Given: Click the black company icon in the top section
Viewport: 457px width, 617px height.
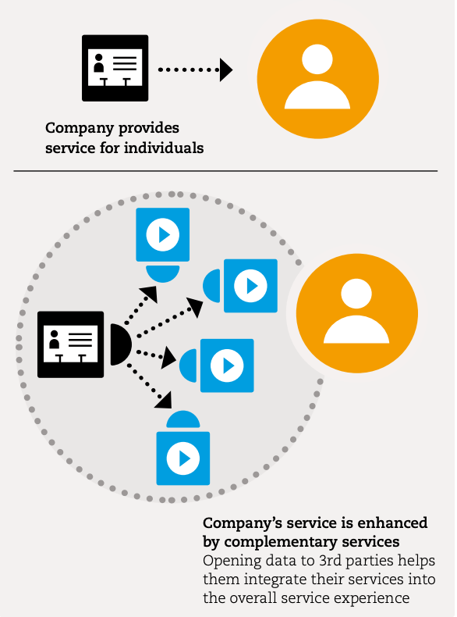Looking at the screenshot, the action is [115, 68].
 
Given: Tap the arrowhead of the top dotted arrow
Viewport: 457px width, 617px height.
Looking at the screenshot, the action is [226, 70].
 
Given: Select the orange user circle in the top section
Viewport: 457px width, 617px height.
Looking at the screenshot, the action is [318, 79].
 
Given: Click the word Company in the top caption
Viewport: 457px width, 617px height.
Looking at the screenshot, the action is [80, 129].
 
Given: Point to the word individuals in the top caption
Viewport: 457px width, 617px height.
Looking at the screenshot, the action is [164, 148].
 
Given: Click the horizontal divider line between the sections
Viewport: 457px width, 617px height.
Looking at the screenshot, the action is [225, 171].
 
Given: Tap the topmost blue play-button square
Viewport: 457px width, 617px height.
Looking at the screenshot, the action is [163, 234].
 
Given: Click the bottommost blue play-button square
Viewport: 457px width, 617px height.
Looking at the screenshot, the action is [183, 458].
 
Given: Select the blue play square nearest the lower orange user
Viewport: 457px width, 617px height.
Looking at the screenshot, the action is [250, 286].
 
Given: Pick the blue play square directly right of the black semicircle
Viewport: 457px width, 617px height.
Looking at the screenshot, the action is [227, 366].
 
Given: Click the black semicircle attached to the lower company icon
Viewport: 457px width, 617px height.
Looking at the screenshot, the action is [120, 344].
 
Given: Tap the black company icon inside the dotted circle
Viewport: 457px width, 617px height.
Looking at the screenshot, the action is [71, 344].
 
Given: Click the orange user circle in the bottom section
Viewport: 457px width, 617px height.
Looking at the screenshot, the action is [357, 313].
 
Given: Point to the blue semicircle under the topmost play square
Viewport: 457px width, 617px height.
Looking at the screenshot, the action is [163, 273].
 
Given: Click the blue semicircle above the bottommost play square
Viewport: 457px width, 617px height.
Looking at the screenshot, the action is [183, 420].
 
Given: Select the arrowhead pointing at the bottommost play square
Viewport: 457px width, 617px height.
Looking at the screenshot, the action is [165, 401].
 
